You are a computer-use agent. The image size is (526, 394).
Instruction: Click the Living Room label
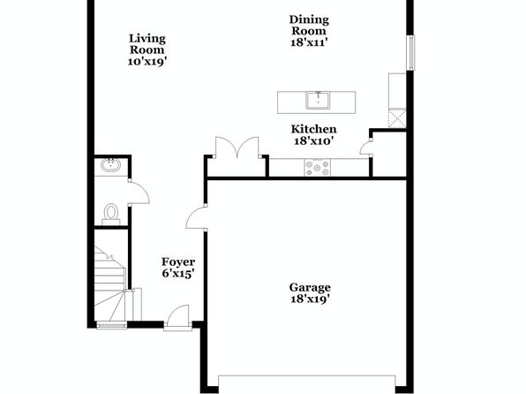pos(147,44)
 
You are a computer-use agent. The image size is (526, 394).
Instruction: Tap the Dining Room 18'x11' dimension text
pos(309,42)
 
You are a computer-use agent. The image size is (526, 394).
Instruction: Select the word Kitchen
pos(313,129)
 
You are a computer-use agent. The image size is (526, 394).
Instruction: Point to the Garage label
pos(310,287)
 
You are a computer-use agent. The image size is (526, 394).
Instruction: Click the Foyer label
pos(178,261)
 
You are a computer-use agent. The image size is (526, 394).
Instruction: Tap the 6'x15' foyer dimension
pos(178,274)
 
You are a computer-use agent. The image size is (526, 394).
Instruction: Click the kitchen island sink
pos(318,101)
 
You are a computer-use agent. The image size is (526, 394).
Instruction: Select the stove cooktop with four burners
pos(317,167)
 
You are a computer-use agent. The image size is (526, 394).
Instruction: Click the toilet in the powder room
pos(110,215)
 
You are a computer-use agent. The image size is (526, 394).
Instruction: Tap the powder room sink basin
pos(111,165)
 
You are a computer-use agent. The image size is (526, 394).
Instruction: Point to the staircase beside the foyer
pos(110,284)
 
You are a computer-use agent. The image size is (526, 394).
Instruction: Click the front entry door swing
pos(178,317)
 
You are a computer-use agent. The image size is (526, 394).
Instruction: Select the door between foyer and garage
pos(196,218)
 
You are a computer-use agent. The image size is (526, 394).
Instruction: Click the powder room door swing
pos(139,193)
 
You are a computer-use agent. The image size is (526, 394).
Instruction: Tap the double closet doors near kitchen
pos(237,148)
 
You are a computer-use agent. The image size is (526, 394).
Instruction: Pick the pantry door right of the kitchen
pos(365,148)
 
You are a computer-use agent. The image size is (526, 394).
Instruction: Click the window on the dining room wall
pos(410,53)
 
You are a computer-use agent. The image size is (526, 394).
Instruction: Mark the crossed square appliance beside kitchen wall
pos(397,117)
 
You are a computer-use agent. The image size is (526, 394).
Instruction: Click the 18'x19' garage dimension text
pos(310,299)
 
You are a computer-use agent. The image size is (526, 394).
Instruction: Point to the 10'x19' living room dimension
pos(147,62)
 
